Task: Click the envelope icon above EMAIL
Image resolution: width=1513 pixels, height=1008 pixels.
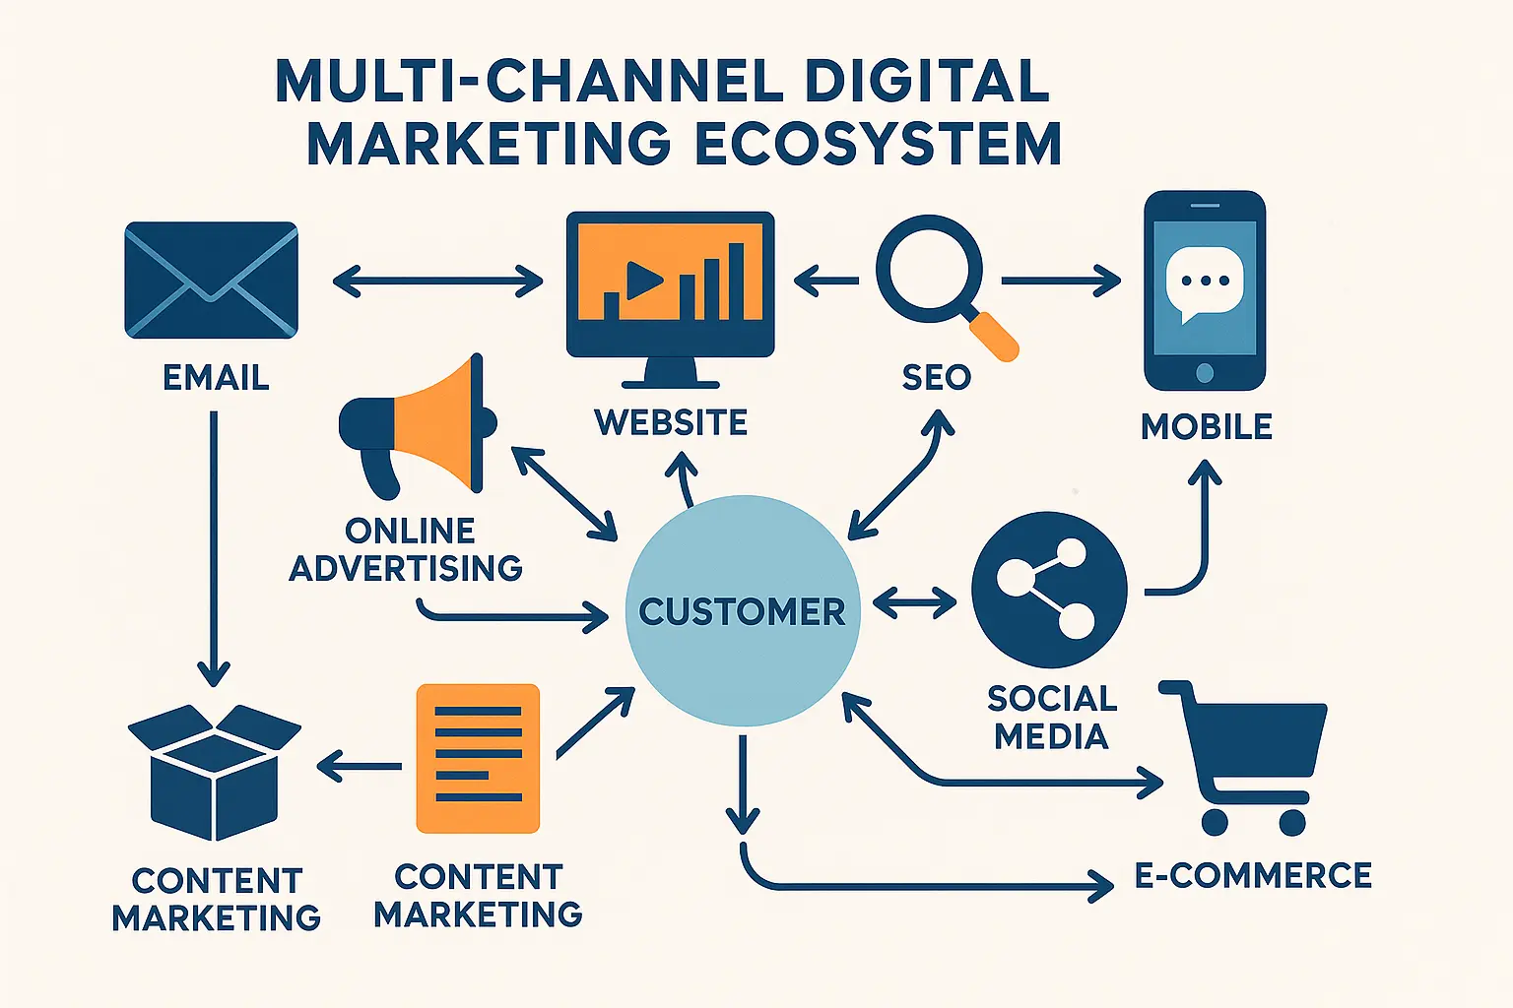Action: [211, 281]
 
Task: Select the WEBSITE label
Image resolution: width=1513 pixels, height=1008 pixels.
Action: [671, 423]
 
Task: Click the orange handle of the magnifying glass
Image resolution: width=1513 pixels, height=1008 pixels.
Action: [994, 336]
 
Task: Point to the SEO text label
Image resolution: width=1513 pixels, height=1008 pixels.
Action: [937, 377]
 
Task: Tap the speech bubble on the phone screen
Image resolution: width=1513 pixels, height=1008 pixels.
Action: [1204, 283]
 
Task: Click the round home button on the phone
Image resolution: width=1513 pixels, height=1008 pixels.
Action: [1204, 372]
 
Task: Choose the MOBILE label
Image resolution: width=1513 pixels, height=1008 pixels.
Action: [1207, 427]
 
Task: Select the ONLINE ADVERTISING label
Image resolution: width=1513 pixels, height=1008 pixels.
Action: [407, 549]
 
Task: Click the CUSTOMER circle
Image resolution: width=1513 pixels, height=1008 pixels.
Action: [743, 611]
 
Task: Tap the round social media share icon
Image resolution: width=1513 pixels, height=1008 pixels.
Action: [1049, 590]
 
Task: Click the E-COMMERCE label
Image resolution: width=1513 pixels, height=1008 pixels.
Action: [1253, 875]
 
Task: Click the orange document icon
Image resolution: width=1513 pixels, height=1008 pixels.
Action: [479, 758]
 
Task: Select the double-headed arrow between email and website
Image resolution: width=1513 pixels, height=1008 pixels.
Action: [437, 283]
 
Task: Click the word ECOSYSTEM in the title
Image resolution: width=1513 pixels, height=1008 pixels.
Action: [879, 145]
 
